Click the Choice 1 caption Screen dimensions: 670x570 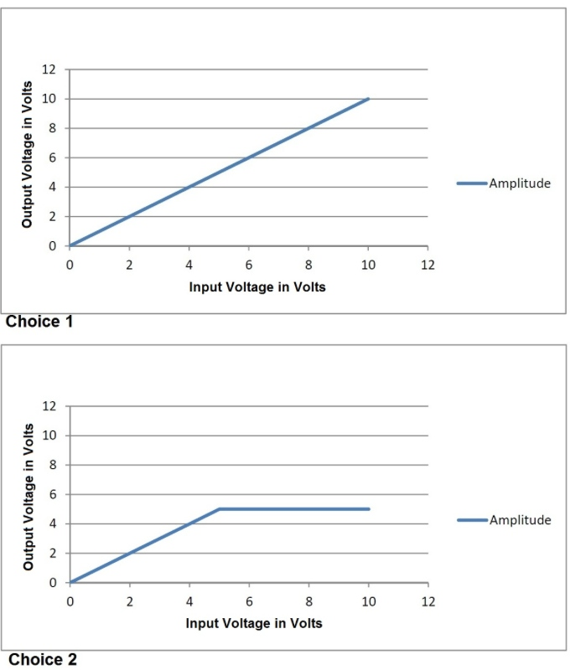click(x=40, y=322)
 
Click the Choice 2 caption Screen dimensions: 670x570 click(x=42, y=660)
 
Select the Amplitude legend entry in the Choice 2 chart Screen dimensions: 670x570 click(x=520, y=520)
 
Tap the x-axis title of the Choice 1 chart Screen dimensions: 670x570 click(x=257, y=286)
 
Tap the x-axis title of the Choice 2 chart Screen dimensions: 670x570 click(x=254, y=623)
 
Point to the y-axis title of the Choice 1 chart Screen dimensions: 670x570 click(x=28, y=154)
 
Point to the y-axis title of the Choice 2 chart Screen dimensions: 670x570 click(x=28, y=496)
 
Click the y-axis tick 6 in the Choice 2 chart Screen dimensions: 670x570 click(x=53, y=494)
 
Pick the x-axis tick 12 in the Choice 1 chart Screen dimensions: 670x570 click(x=427, y=265)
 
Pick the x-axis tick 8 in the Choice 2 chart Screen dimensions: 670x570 click(x=308, y=602)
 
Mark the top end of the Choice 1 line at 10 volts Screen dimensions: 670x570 click(x=368, y=99)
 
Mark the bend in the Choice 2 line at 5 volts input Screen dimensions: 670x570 click(x=219, y=508)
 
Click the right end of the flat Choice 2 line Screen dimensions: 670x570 click(x=368, y=508)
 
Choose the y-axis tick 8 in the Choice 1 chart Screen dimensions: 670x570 click(x=53, y=128)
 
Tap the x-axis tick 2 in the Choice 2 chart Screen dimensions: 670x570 click(x=129, y=602)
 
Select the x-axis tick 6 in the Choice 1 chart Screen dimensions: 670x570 click(x=249, y=265)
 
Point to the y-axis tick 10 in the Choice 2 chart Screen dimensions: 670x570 click(x=49, y=435)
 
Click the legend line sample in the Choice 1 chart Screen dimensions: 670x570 click(x=472, y=183)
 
